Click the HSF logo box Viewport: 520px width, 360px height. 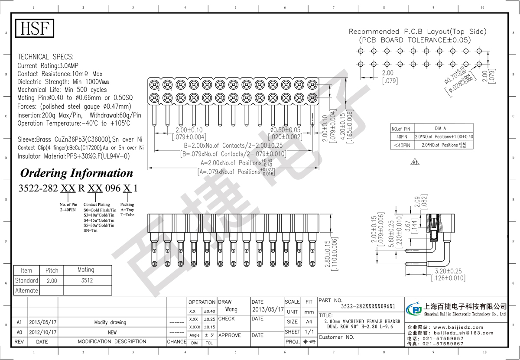(x=35, y=29)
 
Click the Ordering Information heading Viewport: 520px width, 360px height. (x=77, y=173)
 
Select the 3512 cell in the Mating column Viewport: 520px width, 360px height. (x=87, y=280)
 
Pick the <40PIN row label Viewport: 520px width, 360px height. (x=401, y=145)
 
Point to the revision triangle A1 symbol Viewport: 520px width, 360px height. (x=415, y=163)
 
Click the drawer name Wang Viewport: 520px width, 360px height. (x=231, y=310)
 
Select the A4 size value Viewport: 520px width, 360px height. (x=309, y=322)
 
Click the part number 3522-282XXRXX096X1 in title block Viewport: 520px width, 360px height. (x=368, y=306)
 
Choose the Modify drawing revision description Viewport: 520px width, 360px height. (x=110, y=322)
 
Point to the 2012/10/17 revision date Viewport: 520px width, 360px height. (x=42, y=332)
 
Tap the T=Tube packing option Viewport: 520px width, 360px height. (x=127, y=215)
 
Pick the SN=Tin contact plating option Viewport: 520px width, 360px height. (x=91, y=231)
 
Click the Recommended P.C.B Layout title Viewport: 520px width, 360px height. (x=418, y=32)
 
